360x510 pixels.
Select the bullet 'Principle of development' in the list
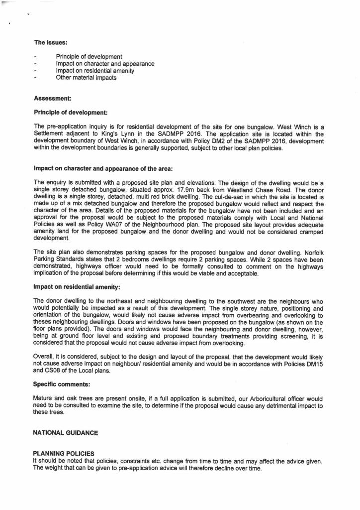[89, 57]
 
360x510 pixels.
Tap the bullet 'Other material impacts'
[86, 78]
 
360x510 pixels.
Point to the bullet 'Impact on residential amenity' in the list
[95, 71]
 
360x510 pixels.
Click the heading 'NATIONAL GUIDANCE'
[65, 433]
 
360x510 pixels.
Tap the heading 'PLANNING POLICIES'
[63, 454]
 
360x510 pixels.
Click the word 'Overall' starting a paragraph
[44, 357]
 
